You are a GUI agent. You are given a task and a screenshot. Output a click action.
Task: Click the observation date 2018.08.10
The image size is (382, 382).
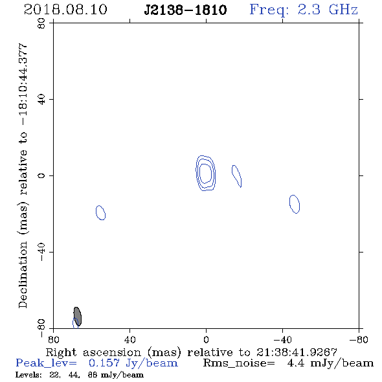(x=65, y=10)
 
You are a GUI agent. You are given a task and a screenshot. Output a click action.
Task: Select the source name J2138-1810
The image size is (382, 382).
(x=185, y=10)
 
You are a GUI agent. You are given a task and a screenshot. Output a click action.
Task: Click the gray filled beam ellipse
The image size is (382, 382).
(x=78, y=316)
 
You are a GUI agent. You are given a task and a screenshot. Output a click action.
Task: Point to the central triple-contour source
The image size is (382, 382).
(x=206, y=173)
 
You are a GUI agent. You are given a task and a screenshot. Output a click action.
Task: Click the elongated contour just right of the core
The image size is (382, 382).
(x=236, y=176)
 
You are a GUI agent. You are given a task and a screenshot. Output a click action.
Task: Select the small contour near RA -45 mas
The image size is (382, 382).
(x=295, y=204)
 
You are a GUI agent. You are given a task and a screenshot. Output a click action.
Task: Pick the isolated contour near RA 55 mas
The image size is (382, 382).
(x=100, y=212)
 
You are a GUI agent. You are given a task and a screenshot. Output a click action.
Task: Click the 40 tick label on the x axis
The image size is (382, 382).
(x=129, y=339)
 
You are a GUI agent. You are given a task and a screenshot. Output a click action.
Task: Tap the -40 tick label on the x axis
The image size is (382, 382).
(x=282, y=339)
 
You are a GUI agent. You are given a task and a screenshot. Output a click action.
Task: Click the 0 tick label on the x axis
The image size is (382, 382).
(x=206, y=339)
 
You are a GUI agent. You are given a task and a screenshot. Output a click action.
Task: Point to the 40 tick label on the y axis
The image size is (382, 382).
(x=41, y=100)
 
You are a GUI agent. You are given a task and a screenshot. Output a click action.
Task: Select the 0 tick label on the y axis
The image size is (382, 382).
(x=41, y=175)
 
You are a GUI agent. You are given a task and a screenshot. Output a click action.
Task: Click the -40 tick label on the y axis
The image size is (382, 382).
(x=41, y=252)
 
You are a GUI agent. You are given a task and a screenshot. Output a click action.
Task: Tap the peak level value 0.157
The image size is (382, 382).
(x=104, y=363)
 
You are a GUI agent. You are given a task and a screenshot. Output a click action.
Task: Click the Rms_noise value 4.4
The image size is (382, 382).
(x=295, y=363)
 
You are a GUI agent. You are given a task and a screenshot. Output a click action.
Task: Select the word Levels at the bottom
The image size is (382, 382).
(x=28, y=374)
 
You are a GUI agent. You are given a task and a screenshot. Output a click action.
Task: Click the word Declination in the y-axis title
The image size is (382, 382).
(x=23, y=275)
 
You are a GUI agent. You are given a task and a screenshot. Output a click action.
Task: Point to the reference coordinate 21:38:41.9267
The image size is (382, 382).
(x=297, y=352)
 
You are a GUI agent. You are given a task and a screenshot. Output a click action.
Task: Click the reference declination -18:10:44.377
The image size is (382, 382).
(x=23, y=85)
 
